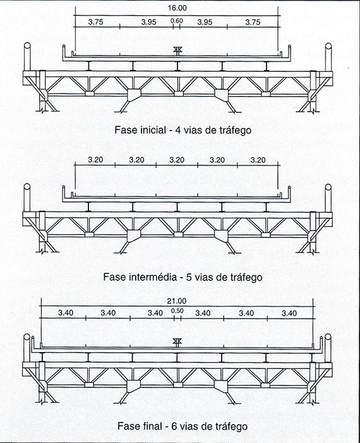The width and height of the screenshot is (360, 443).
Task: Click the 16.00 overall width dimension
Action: click(x=177, y=8)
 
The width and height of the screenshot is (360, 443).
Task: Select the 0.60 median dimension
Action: click(x=177, y=21)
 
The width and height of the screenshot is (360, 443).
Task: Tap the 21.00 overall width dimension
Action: click(x=176, y=301)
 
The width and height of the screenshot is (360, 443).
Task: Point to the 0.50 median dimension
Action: click(x=177, y=310)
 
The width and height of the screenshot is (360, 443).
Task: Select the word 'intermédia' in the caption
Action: click(x=152, y=277)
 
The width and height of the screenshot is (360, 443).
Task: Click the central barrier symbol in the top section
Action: click(x=177, y=51)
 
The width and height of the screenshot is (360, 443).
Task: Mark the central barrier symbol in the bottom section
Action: click(x=177, y=342)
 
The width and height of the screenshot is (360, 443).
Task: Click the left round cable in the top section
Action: click(x=27, y=57)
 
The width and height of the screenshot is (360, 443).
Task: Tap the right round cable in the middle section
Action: click(x=328, y=198)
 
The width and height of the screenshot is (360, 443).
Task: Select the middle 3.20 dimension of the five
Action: click(x=177, y=160)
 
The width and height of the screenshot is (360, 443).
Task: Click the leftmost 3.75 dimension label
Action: click(x=95, y=22)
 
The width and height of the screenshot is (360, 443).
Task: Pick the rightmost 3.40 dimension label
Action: click(x=289, y=314)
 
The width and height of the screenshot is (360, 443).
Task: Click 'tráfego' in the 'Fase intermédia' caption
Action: click(x=245, y=277)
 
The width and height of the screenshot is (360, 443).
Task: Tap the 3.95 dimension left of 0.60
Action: click(x=149, y=22)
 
